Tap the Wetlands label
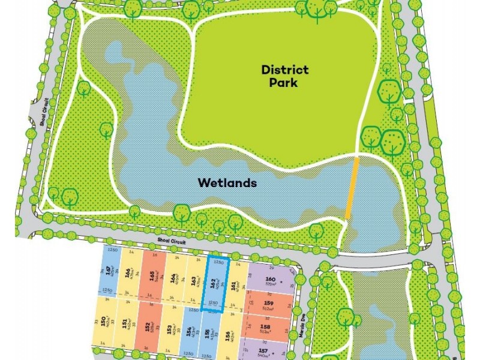click(x=228, y=183)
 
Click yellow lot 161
click(x=236, y=285)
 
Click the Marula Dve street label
click(x=304, y=333)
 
